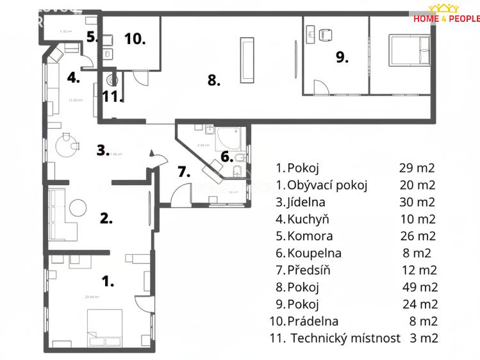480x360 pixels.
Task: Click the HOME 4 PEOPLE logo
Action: pyautogui.click(x=446, y=13)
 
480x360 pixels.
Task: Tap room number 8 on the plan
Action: pyautogui.click(x=213, y=81)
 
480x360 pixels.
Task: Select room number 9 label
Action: pyautogui.click(x=342, y=58)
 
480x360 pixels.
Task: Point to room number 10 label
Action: pyautogui.click(x=135, y=38)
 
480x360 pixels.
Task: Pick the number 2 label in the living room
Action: pyautogui.click(x=106, y=218)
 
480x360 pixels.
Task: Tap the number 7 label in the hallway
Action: pyautogui.click(x=184, y=172)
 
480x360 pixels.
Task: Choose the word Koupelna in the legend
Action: pyautogui.click(x=314, y=253)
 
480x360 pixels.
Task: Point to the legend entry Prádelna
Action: pyautogui.click(x=313, y=321)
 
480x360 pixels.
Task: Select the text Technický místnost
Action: pyautogui.click(x=346, y=338)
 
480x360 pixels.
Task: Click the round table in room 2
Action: pyautogui.click(x=78, y=208)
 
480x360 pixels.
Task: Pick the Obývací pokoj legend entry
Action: pyautogui.click(x=327, y=186)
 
